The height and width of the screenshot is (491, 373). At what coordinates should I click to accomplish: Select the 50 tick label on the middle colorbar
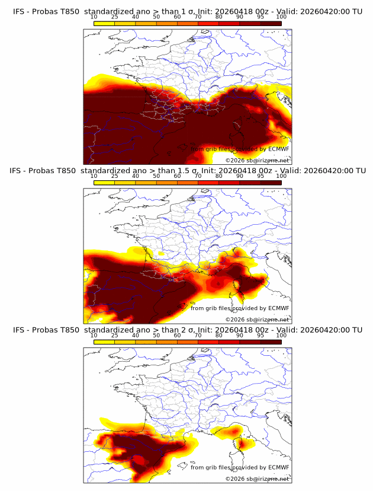[x=156, y=176]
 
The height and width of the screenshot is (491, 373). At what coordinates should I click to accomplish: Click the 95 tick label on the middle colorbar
[x=261, y=176]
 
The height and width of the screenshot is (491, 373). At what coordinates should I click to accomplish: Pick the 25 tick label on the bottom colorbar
[x=115, y=335]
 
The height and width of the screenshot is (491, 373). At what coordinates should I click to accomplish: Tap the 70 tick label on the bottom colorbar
[x=198, y=335]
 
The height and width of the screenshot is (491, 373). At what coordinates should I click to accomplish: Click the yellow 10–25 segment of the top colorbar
[x=104, y=23]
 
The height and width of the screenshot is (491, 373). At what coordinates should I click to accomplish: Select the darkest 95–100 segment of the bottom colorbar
[x=271, y=342]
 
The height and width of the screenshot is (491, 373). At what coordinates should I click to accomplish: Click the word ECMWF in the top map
[x=279, y=149]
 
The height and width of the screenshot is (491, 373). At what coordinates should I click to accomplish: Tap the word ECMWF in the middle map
[x=279, y=308]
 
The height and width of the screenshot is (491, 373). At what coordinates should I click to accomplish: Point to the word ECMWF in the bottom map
[x=279, y=467]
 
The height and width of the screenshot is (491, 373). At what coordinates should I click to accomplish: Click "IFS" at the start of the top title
[x=19, y=11]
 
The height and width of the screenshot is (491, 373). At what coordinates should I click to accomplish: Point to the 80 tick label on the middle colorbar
[x=219, y=176]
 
